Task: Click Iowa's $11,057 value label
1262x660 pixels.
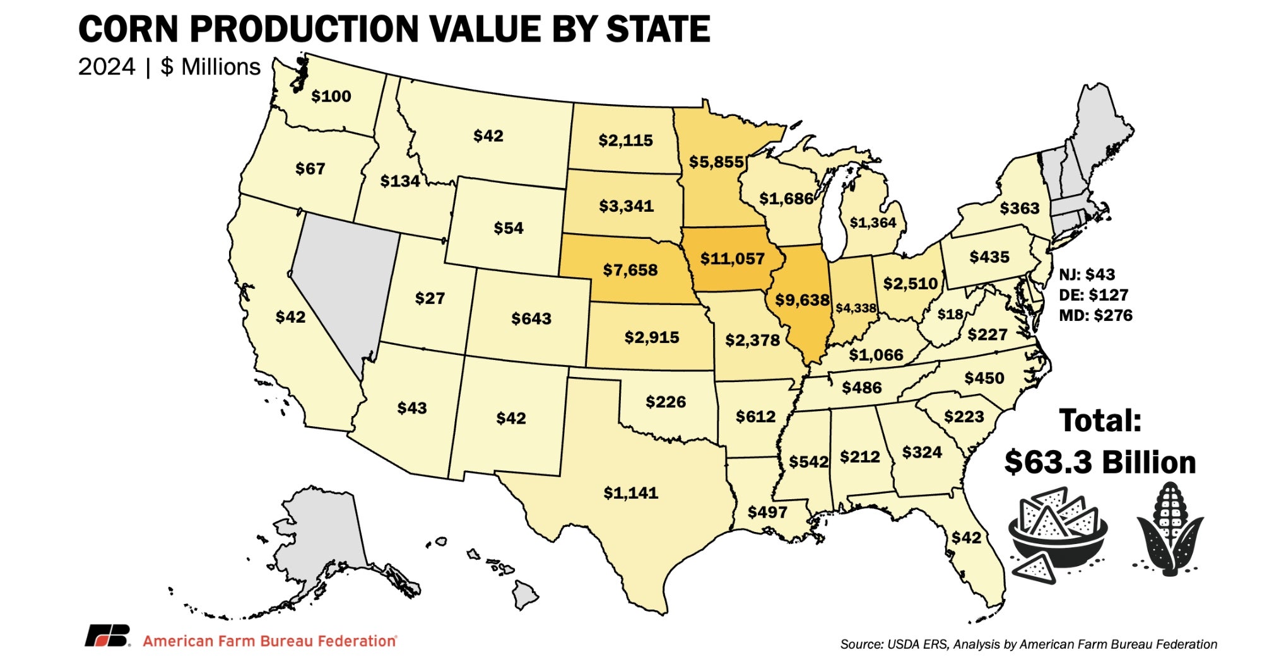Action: click(732, 258)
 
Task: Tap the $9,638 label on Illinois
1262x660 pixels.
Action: click(801, 299)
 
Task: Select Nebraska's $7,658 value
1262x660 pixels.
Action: click(630, 270)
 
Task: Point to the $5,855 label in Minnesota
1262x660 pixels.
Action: click(716, 162)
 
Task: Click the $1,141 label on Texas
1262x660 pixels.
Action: click(630, 492)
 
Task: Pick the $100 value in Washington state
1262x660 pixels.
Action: click(331, 96)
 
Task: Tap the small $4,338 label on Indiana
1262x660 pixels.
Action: click(856, 308)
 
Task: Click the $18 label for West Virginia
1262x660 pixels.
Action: click(950, 314)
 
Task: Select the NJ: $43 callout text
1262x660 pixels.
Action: click(1087, 274)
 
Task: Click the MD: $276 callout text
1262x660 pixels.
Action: click(1095, 315)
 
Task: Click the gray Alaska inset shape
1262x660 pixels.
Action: click(322, 536)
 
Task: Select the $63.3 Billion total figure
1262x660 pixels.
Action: click(1099, 462)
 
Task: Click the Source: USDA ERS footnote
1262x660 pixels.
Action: click(1028, 644)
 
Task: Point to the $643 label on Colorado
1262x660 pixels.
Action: click(531, 318)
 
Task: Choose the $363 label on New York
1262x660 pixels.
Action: click(1019, 208)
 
